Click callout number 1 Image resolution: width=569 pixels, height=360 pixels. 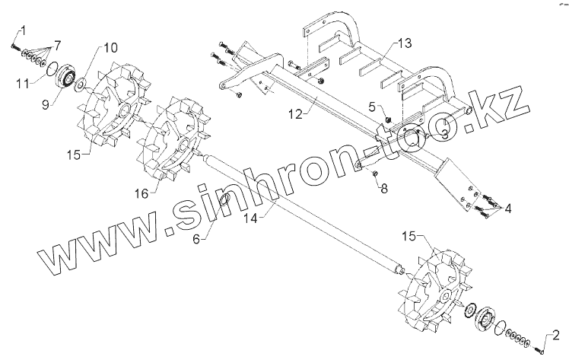coord(23,30)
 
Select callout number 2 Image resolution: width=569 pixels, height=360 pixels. coord(555,333)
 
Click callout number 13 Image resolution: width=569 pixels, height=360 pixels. coord(405,42)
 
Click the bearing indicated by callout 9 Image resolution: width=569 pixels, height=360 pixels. coord(64,77)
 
